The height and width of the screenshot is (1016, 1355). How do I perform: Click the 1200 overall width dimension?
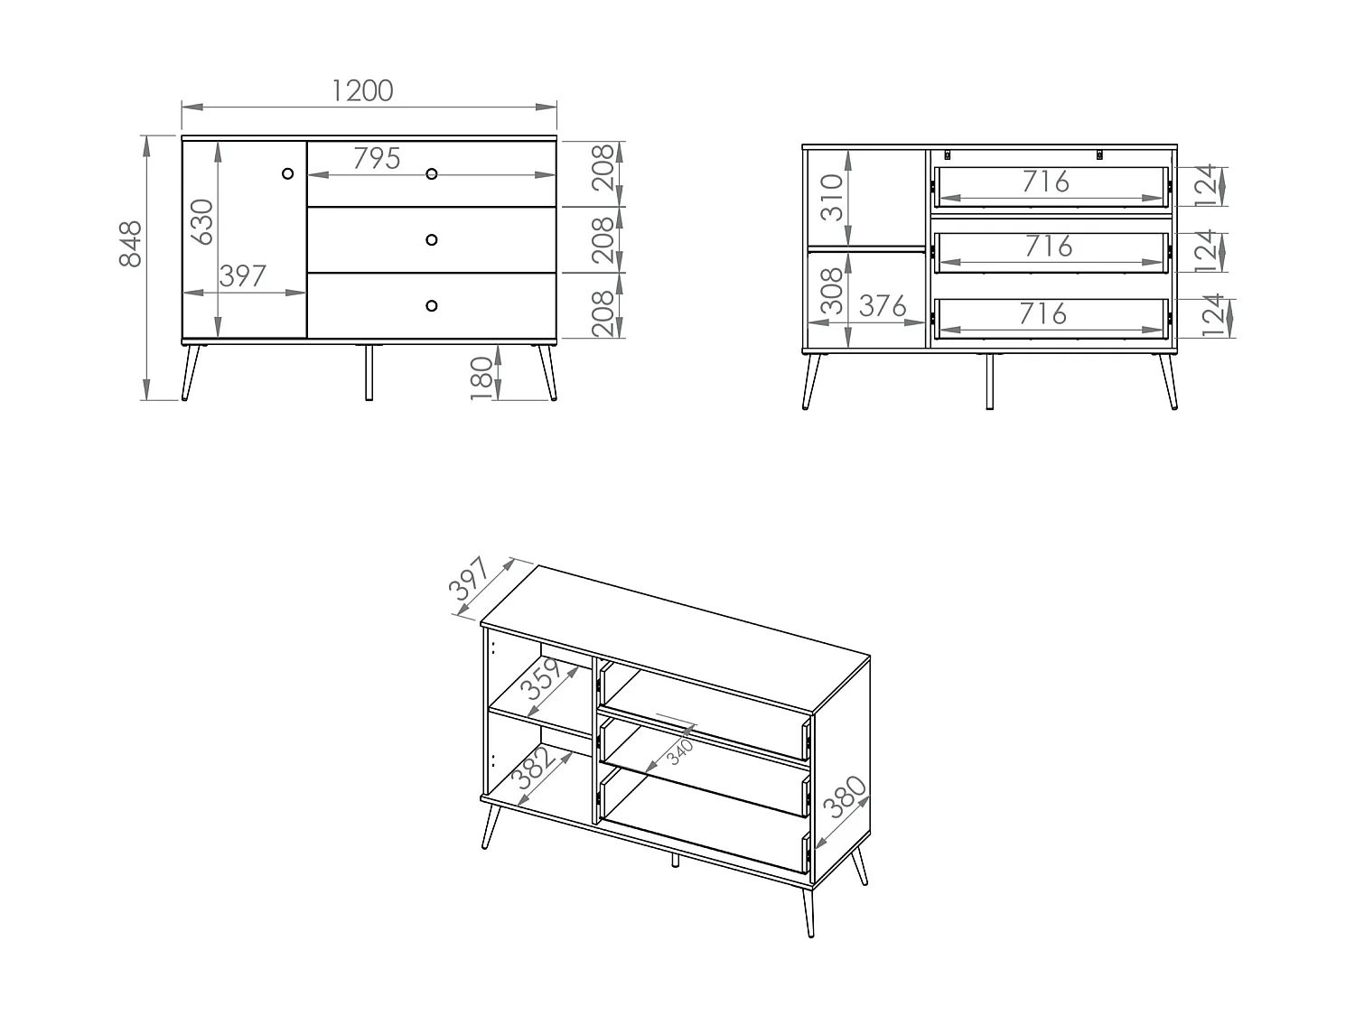pos(363,91)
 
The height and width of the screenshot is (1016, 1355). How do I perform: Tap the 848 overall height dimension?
pos(131,244)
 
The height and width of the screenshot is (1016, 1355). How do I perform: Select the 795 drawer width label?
pos(377,159)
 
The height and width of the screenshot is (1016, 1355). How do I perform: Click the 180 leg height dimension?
pos(481,378)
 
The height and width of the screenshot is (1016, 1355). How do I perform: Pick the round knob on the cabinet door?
pos(288,172)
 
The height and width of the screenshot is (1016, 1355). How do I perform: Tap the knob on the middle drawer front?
pos(431,239)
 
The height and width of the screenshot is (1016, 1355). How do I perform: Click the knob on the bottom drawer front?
pos(431,305)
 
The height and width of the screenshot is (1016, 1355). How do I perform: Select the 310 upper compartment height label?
pos(831,198)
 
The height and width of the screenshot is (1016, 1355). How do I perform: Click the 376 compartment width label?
pos(883,307)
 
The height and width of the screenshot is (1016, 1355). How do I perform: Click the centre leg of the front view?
pos(368,371)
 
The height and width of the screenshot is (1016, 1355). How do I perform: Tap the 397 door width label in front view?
pos(244,276)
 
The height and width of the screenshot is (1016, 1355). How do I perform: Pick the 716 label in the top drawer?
pos(1046,182)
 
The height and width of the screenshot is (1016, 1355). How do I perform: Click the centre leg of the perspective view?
pos(675,861)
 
